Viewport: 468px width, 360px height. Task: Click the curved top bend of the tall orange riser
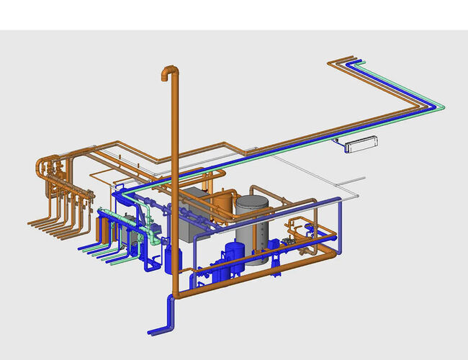point(168,72)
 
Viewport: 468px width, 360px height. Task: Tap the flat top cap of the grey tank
point(251,201)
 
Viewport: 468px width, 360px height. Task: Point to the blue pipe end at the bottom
point(153,331)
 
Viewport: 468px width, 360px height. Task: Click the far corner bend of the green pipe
point(441,108)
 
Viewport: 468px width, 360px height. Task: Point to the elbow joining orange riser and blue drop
point(174,295)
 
